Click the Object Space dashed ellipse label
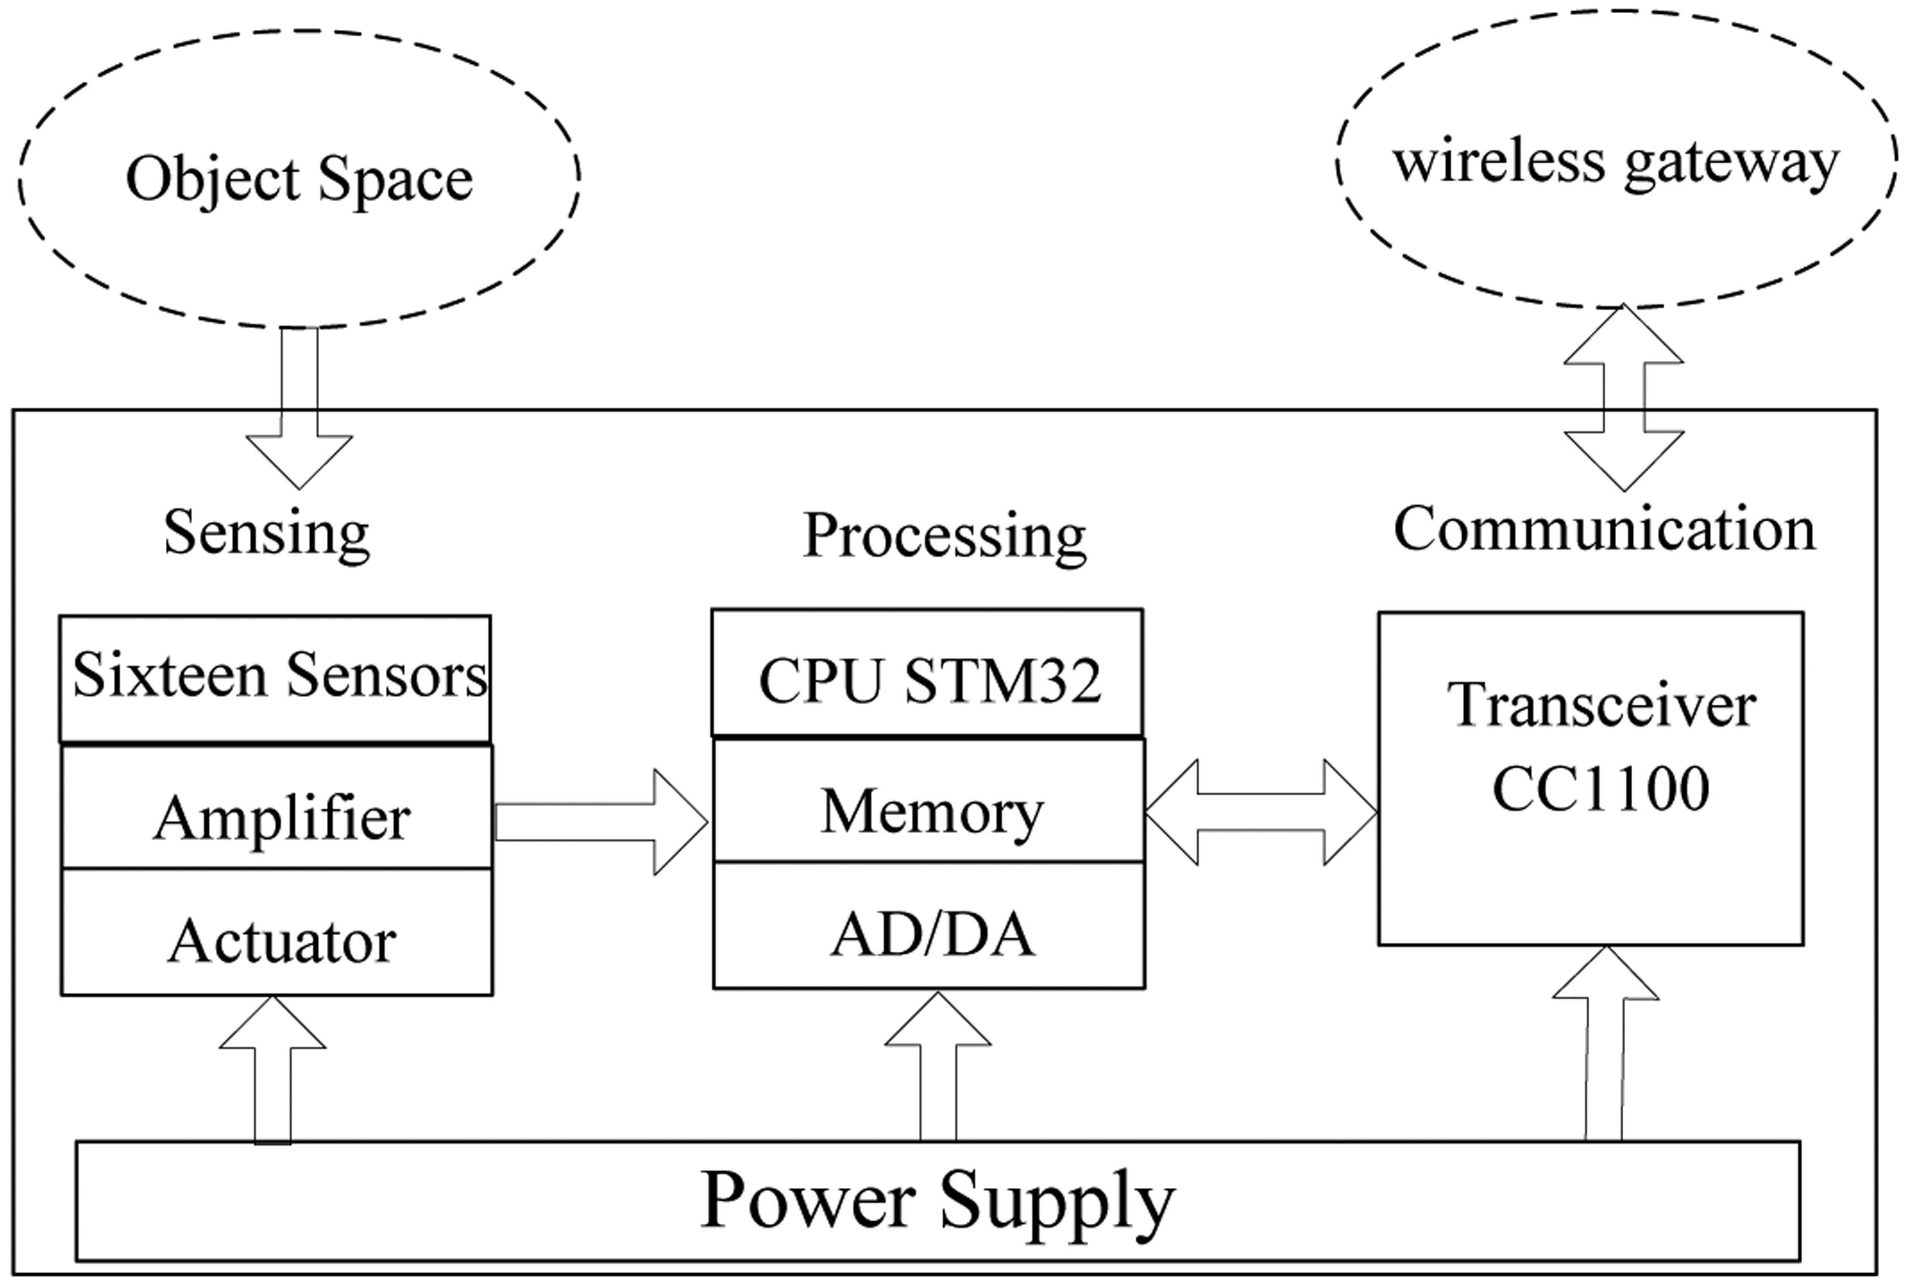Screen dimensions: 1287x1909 299,179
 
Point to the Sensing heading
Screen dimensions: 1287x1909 266,534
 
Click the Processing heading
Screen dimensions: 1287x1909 944,536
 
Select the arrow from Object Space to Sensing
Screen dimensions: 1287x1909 299,410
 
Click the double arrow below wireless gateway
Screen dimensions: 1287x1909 1623,397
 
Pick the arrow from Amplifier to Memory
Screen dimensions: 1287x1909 600,822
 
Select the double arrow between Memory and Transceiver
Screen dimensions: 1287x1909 1261,813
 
